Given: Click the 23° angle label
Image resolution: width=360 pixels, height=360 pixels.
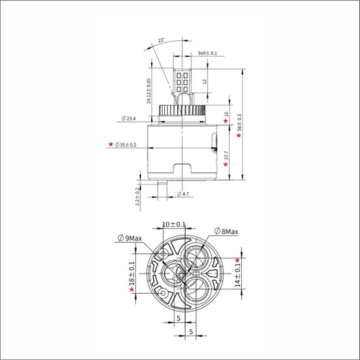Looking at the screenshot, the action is [x=161, y=40].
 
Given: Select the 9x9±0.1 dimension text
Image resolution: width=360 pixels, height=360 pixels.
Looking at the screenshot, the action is [x=207, y=53].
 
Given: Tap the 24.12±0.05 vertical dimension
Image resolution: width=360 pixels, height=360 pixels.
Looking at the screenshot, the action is [x=149, y=91].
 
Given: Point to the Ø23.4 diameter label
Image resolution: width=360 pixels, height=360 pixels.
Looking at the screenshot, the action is [x=129, y=118].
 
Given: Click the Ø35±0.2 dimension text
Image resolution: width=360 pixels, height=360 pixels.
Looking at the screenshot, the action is [x=125, y=145].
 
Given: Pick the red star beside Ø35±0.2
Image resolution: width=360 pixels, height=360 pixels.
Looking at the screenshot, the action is [x=111, y=144].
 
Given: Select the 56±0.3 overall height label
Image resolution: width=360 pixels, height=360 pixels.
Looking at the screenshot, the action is [x=239, y=122].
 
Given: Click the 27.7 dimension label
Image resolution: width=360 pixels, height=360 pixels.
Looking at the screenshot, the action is [x=226, y=156].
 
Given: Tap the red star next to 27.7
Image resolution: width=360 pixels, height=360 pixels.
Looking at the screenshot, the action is [x=225, y=164].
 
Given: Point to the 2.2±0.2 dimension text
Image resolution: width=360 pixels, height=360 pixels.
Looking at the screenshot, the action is [x=138, y=197].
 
